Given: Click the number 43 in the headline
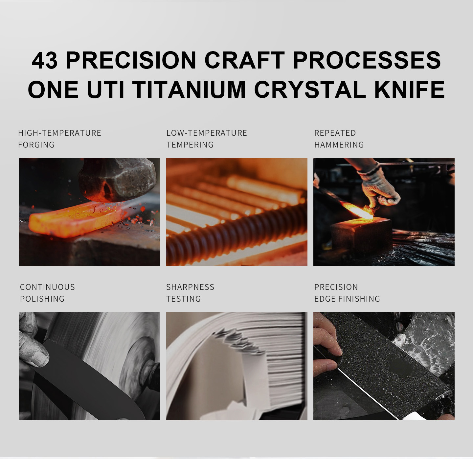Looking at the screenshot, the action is click(x=44, y=60).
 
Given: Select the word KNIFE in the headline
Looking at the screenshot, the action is click(x=410, y=90).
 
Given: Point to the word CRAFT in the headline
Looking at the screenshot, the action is click(x=244, y=60).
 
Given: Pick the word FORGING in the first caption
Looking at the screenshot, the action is click(x=36, y=145).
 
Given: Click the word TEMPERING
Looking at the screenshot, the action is click(x=190, y=145).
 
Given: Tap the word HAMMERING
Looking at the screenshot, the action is click(x=339, y=145).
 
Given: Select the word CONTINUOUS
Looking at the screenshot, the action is click(x=47, y=287).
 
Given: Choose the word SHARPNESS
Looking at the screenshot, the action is click(x=190, y=287).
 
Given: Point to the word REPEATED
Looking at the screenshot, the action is click(x=335, y=133).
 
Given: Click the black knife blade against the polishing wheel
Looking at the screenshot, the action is click(x=87, y=378).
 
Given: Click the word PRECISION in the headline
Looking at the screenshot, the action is click(x=131, y=60).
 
